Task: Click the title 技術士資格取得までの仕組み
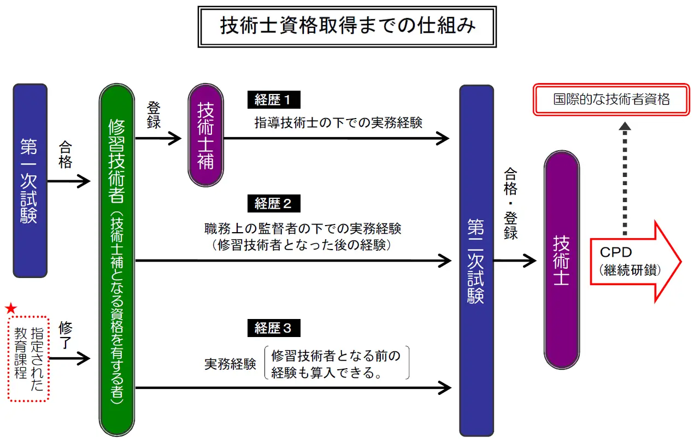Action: [x=348, y=26]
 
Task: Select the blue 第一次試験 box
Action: [x=30, y=180]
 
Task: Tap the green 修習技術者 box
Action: [x=116, y=259]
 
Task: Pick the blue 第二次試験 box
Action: [x=477, y=259]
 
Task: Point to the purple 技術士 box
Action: [x=561, y=259]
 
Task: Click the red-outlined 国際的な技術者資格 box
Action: [x=611, y=100]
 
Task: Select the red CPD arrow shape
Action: [x=634, y=261]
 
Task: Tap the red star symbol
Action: [x=11, y=309]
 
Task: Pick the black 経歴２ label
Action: [x=274, y=204]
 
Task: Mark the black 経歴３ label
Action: [x=274, y=328]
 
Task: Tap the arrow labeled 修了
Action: [x=69, y=358]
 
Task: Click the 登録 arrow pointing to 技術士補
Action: [x=158, y=139]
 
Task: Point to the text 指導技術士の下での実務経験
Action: [x=339, y=122]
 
